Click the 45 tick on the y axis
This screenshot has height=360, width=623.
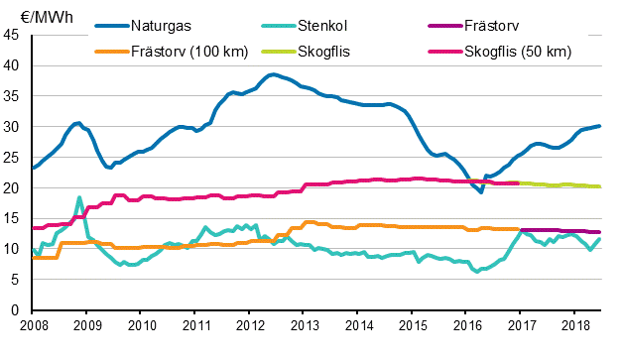tap(14, 36)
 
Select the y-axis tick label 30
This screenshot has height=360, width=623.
tap(14, 127)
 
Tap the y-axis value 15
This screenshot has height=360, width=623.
tap(14, 219)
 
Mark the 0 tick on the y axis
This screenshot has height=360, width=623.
tap(18, 310)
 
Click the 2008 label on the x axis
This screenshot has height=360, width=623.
tap(33, 324)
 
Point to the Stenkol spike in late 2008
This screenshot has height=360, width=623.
tap(79, 197)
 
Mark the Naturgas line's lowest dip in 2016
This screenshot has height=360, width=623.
tap(481, 191)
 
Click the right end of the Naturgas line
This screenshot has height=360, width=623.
tap(599, 126)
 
